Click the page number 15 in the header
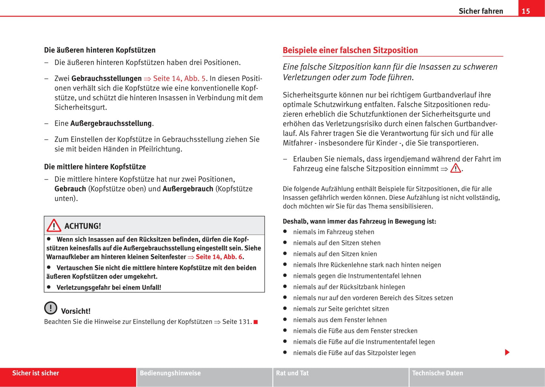pyautogui.click(x=526, y=11)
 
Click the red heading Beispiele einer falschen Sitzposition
pyautogui.click(x=350, y=50)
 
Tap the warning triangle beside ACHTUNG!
pyautogui.click(x=54, y=226)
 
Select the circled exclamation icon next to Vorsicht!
pyautogui.click(x=51, y=308)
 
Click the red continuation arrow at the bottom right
pyautogui.click(x=507, y=352)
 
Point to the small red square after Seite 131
pyautogui.click(x=256, y=322)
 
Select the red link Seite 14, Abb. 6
pyautogui.click(x=219, y=257)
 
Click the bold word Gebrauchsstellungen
pyautogui.click(x=106, y=78)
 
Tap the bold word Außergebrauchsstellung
pyautogui.click(x=111, y=123)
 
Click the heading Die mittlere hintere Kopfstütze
pyautogui.click(x=95, y=167)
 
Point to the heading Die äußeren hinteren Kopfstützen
pyautogui.click(x=100, y=50)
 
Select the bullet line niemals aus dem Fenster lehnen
pyautogui.click(x=339, y=320)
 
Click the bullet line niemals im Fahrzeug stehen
pyautogui.click(x=333, y=232)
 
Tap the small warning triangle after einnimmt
pyautogui.click(x=456, y=168)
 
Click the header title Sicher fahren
pyautogui.click(x=481, y=11)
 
